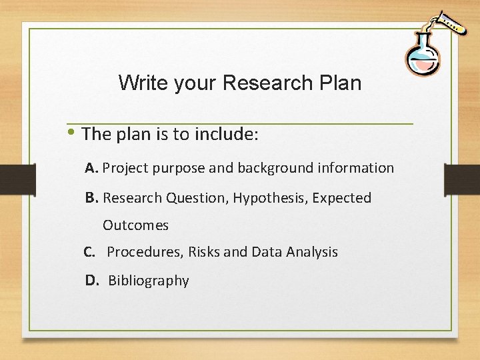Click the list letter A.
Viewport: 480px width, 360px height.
pos(92,168)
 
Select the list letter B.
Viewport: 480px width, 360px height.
pos(92,197)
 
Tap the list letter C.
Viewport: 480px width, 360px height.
pos(89,252)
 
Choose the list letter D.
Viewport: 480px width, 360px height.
pos(92,281)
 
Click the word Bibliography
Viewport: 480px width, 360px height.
pos(149,281)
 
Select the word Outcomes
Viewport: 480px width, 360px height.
pos(135,225)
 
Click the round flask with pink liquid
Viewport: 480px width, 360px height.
pos(422,58)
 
